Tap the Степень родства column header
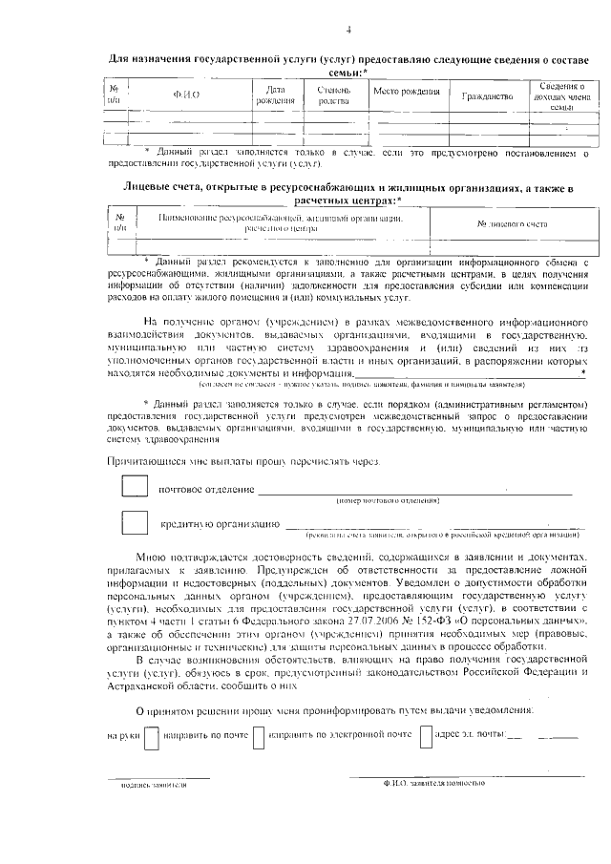(x=333, y=95)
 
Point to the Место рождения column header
(x=406, y=92)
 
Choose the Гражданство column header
(x=487, y=96)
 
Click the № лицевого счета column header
(x=512, y=222)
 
